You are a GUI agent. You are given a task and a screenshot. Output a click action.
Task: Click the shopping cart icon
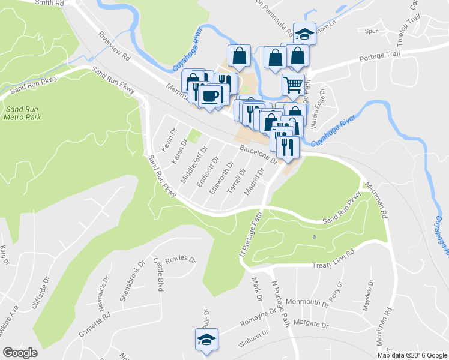tap(293, 85)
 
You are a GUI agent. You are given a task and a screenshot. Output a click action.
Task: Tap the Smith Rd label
tap(49, 3)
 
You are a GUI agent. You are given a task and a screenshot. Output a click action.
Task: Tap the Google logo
tap(20, 353)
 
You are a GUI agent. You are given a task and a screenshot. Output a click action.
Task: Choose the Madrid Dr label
tap(255, 182)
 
